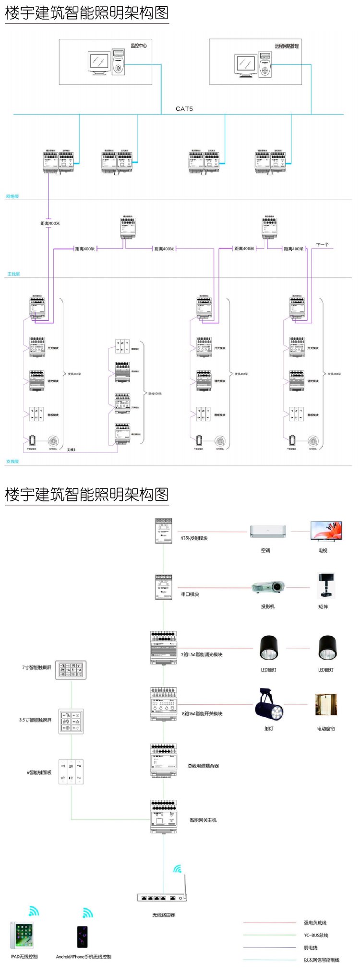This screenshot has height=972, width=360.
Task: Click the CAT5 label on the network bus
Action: tap(184, 109)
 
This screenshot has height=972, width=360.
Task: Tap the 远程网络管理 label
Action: tap(287, 46)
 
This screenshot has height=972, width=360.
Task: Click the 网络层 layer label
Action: tap(12, 196)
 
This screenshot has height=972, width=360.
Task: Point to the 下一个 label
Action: tap(322, 245)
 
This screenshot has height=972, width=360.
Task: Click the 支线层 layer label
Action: tap(12, 461)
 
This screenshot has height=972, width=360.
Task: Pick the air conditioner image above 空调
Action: tap(267, 531)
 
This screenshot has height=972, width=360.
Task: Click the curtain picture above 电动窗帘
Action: tap(325, 705)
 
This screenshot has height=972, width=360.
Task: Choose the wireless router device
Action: tap(162, 897)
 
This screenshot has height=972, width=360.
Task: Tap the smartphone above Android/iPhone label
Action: tap(83, 936)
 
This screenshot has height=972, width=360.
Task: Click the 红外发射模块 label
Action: tap(194, 538)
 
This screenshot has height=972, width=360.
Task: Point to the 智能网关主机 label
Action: tap(203, 820)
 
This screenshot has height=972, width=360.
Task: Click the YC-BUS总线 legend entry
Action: tap(316, 935)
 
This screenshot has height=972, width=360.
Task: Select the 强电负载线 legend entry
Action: tap(315, 923)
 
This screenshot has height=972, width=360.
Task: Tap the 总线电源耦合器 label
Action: tap(203, 766)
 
